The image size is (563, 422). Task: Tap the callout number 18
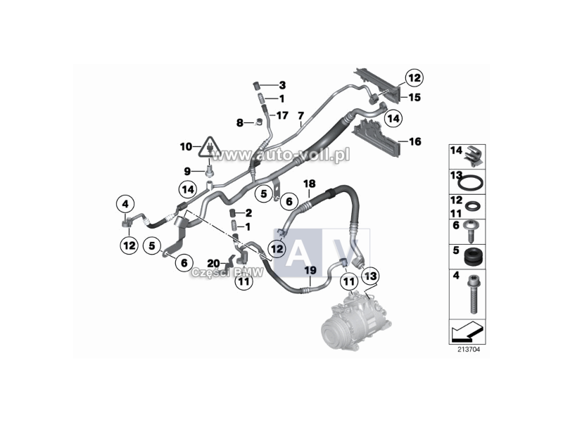click(310, 184)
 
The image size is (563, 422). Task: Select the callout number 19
click(310, 270)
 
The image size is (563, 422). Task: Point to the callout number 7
click(301, 115)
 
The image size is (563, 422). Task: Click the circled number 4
click(125, 204)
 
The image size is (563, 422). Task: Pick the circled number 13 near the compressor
click(371, 276)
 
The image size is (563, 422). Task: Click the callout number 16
click(415, 141)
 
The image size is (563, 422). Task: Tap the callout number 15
click(415, 97)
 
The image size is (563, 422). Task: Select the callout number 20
click(214, 264)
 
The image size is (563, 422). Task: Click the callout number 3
click(283, 85)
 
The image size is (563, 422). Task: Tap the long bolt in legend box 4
click(472, 295)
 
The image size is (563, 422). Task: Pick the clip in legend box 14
click(473, 156)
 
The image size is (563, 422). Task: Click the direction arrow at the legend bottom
click(467, 331)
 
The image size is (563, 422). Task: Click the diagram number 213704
click(468, 349)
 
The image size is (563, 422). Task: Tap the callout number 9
click(187, 172)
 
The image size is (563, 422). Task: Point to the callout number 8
click(240, 123)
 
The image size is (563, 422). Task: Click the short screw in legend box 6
click(472, 231)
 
